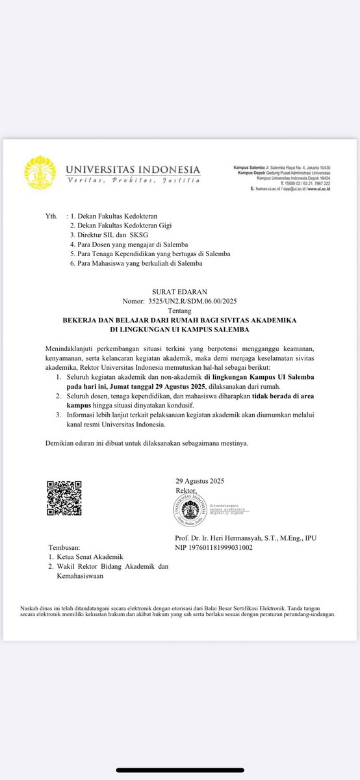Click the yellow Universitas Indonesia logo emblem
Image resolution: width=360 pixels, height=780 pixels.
coord(40,172)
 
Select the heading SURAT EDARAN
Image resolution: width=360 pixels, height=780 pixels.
coord(179,292)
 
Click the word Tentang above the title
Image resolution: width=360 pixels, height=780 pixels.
coord(179,311)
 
